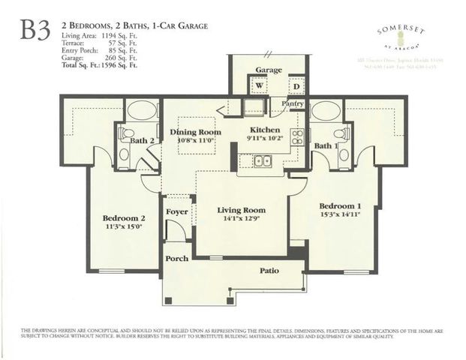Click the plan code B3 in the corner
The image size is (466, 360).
[35, 30]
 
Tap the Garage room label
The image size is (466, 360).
[268, 70]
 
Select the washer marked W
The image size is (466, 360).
[260, 85]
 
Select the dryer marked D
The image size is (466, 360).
[296, 85]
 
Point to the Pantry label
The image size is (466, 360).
[292, 103]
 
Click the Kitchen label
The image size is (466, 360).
[264, 129]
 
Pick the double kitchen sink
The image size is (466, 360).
[262, 160]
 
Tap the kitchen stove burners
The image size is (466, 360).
[297, 136]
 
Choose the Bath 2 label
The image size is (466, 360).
[141, 140]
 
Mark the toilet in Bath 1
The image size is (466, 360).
[342, 134]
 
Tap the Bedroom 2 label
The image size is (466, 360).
[123, 218]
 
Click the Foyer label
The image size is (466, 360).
[177, 211]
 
